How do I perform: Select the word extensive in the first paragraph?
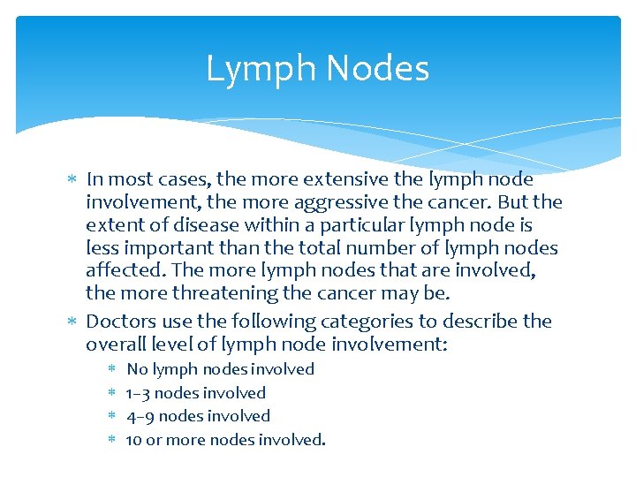[x=329, y=180]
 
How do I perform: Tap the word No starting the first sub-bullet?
[x=137, y=369]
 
